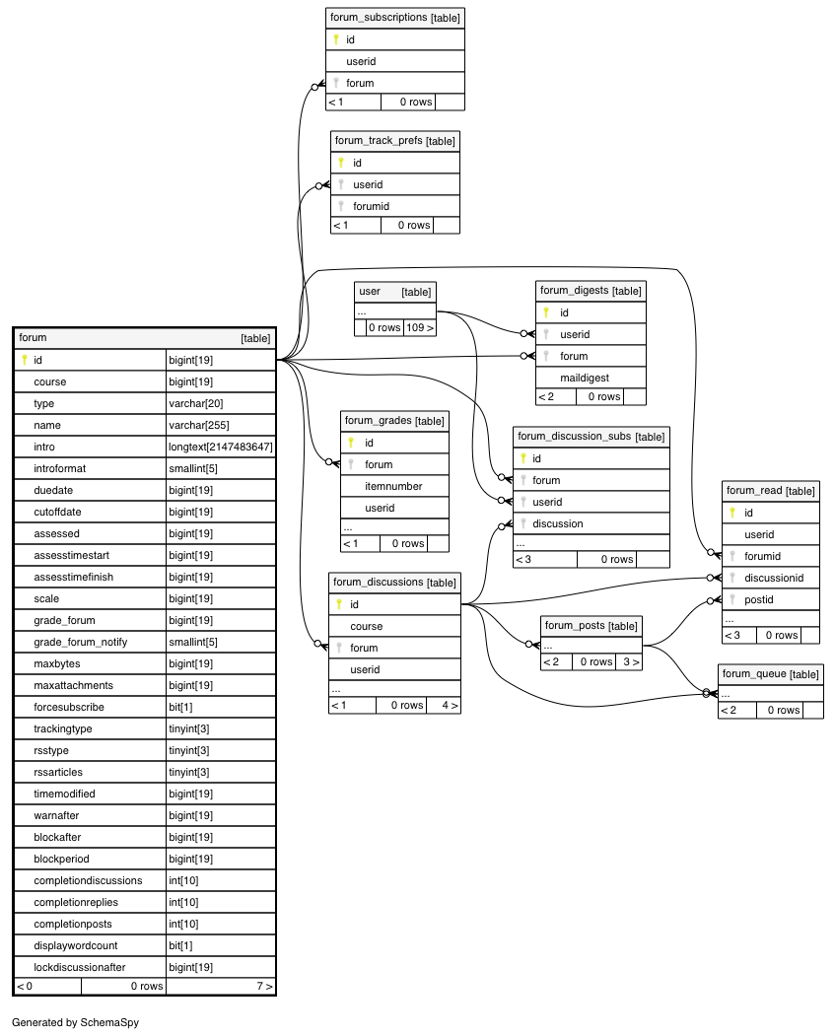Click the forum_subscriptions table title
394,18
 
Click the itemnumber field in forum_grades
393,486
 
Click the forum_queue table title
770,674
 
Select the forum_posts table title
591,626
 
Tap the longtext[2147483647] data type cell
220,448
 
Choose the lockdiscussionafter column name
79,967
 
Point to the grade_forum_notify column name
80,643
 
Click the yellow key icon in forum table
25,360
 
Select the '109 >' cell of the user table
420,327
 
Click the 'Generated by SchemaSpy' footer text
75,1023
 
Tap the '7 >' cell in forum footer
264,987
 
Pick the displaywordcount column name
75,945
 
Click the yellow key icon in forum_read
731,513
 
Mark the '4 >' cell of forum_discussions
450,706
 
